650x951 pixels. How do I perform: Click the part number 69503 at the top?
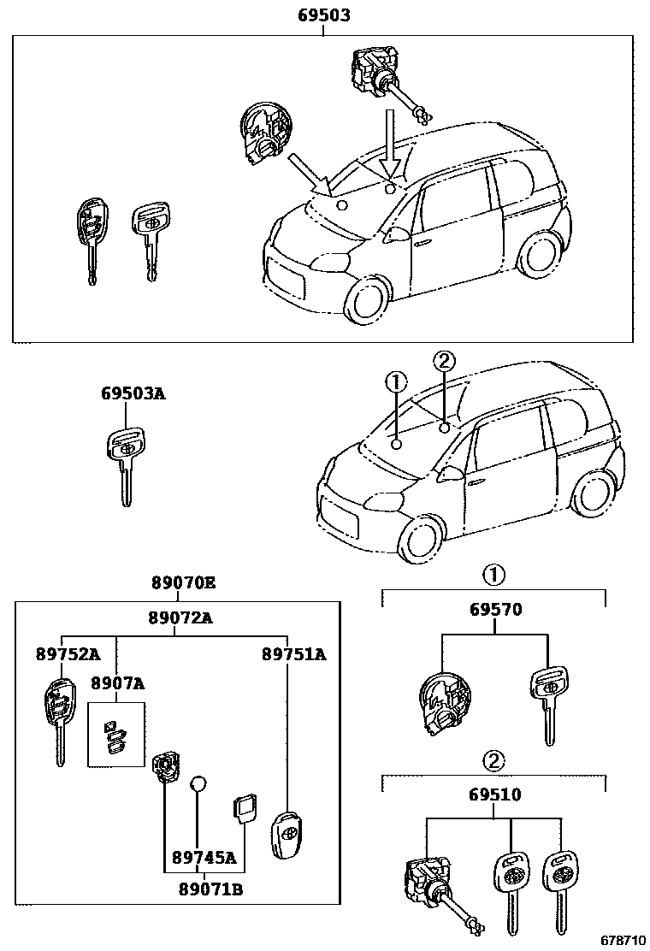(323, 15)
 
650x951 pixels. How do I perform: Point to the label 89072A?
(180, 618)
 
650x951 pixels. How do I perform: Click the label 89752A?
(68, 654)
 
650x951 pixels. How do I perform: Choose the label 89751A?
(293, 654)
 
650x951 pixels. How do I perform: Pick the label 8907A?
(117, 683)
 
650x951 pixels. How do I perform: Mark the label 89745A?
(204, 857)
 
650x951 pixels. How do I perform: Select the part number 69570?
(495, 610)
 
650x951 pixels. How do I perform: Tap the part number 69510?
(495, 795)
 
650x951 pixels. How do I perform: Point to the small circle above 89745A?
(198, 784)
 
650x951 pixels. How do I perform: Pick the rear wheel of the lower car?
(591, 493)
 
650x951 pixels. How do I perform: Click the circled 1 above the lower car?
(395, 381)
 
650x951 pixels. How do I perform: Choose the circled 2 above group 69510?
(493, 759)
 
